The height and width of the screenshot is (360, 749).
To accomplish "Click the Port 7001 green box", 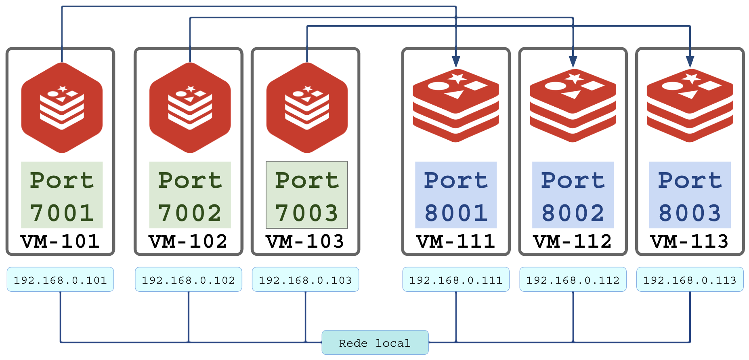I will [x=62, y=195].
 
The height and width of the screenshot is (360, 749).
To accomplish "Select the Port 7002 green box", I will [x=190, y=195].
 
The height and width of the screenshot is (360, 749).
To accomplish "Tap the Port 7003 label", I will [x=307, y=195].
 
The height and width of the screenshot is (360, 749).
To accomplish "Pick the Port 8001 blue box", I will [x=456, y=195].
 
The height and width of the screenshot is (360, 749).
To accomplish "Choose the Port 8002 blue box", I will [x=573, y=195].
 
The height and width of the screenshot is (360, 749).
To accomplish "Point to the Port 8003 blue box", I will [x=690, y=195].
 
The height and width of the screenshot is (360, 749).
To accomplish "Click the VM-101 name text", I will [x=61, y=242].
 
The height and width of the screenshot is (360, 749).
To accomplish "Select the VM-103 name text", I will [x=305, y=242].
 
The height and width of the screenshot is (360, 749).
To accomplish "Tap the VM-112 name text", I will [x=573, y=242].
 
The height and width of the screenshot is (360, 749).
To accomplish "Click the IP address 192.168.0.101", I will [x=60, y=280].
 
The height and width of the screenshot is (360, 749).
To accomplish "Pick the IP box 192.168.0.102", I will [x=189, y=280].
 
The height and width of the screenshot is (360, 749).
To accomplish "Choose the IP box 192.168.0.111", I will [x=456, y=280].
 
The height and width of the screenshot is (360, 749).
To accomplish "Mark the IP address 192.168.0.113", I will [x=690, y=280].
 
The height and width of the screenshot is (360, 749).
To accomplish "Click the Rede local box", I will [x=375, y=343].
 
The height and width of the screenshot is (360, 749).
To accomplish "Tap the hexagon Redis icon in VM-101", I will [x=62, y=108].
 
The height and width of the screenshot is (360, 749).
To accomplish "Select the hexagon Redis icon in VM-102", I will [x=190, y=108].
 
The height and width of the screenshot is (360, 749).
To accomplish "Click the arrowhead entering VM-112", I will [x=573, y=61].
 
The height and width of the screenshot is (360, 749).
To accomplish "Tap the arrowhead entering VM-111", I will [x=456, y=61].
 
